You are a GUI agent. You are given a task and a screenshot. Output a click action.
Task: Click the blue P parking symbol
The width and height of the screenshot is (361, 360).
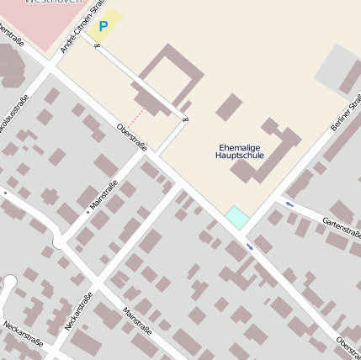point(104,27)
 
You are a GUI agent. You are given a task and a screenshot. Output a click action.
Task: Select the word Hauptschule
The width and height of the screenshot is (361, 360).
point(240,156)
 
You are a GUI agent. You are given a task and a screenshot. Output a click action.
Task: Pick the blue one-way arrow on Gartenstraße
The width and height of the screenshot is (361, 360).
point(289,204)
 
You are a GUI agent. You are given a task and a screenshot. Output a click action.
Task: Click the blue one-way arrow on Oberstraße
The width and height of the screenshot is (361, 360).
point(250,246)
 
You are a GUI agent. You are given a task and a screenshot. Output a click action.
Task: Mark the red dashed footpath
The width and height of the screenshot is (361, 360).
point(136,115)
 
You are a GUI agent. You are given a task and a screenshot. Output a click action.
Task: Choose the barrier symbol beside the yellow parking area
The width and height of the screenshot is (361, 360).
point(97,45)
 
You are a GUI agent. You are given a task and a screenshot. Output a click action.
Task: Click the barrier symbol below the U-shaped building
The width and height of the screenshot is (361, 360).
point(185,119)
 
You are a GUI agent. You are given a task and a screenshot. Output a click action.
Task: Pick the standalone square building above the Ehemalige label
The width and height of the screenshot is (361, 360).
point(228,107)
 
